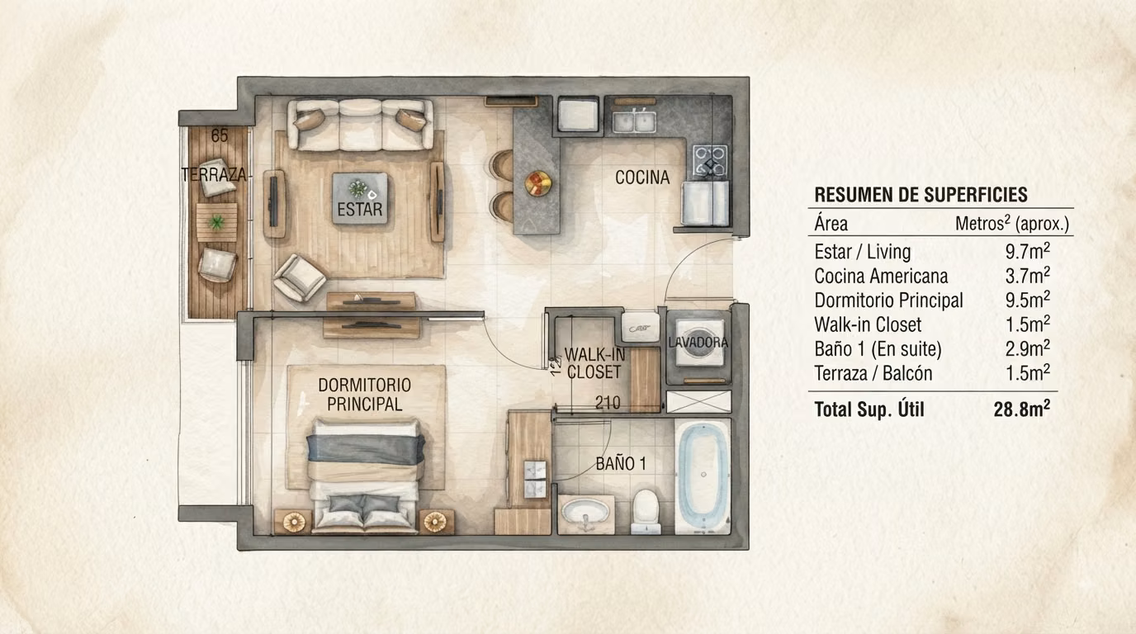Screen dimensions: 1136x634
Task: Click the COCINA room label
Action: (642, 177)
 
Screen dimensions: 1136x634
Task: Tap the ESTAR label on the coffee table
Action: (360, 209)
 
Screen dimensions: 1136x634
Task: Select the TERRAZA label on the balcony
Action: (214, 175)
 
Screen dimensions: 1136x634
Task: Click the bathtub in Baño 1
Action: (703, 475)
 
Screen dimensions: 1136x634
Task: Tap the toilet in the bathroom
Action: (646, 511)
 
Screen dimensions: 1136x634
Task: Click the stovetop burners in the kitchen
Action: (710, 160)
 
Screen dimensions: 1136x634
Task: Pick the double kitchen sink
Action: (634, 121)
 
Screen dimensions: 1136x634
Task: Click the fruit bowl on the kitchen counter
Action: (537, 182)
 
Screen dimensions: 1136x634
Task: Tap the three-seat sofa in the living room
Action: (360, 125)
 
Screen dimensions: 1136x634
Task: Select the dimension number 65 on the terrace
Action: (220, 136)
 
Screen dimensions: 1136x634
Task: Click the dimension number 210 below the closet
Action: (608, 403)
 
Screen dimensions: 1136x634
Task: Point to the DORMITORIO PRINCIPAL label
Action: (365, 395)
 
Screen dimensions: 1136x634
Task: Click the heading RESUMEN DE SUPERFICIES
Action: (921, 195)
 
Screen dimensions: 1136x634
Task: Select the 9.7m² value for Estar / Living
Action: (1028, 251)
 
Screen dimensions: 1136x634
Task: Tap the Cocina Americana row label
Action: (881, 277)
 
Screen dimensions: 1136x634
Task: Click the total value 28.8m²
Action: (1022, 409)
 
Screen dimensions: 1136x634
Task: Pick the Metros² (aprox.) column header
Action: (1012, 224)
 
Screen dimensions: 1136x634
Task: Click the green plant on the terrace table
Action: (216, 222)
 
